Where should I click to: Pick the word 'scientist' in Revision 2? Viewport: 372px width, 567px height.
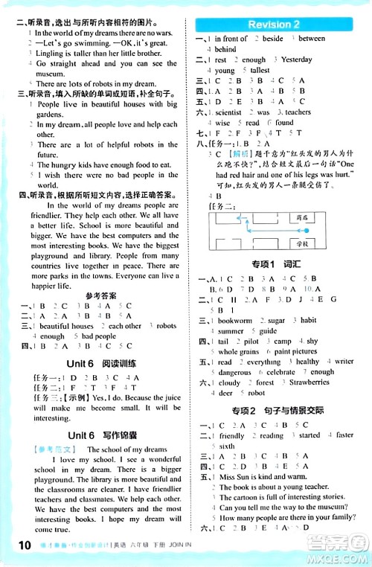(232, 112)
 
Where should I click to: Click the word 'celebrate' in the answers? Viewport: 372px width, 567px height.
(281, 372)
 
